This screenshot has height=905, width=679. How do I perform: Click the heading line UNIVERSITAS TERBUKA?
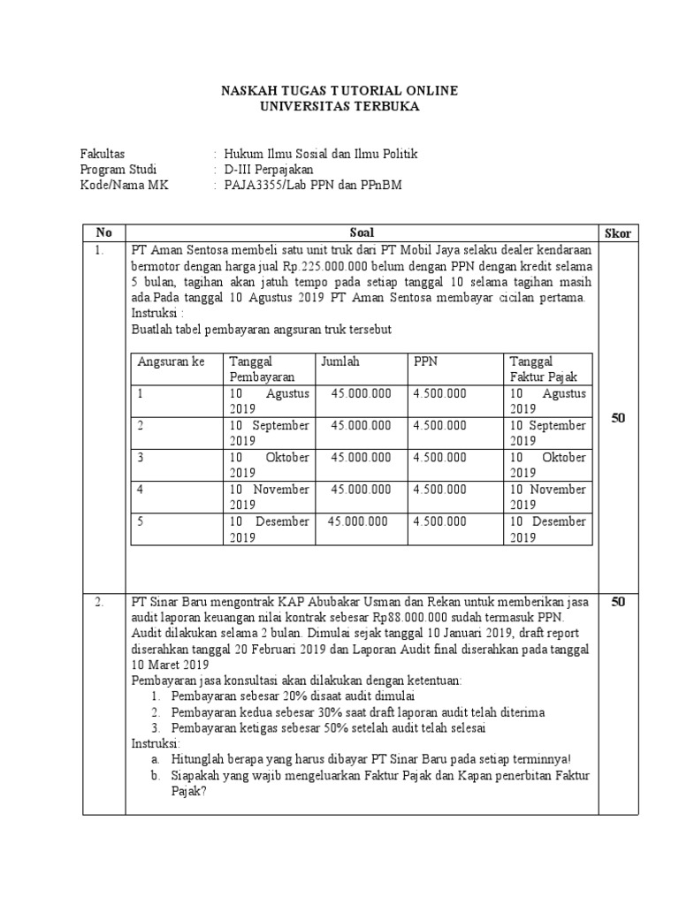(x=339, y=106)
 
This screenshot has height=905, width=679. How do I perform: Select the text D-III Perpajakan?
(x=269, y=170)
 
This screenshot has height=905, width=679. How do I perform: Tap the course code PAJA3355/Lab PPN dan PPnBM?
(x=306, y=186)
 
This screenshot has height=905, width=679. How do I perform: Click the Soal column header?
(x=362, y=232)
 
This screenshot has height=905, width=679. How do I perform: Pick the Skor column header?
(x=618, y=232)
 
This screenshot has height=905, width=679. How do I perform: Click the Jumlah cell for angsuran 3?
(x=361, y=457)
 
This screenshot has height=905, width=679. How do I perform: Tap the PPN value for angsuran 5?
(x=439, y=521)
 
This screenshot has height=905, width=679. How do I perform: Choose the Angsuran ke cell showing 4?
(x=141, y=489)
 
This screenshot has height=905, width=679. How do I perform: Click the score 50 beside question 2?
(x=618, y=602)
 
